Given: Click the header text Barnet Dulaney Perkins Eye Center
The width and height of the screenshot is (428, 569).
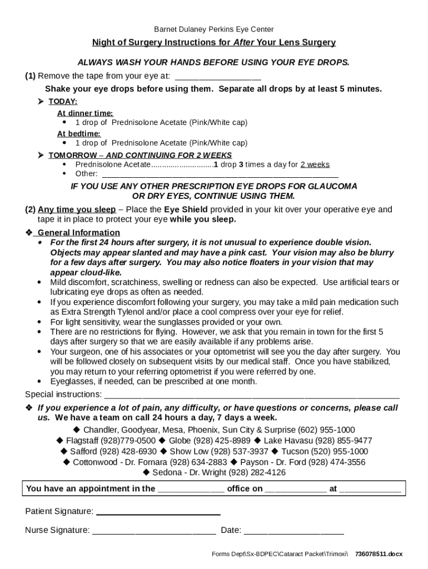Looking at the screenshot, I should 213,29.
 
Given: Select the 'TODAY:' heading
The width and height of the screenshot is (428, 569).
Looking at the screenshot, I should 63,102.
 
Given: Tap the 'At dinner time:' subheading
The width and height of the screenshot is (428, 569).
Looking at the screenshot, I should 85,113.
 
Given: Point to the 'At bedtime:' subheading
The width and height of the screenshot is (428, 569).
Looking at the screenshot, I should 79,134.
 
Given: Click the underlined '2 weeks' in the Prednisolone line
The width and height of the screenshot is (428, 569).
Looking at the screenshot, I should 315,165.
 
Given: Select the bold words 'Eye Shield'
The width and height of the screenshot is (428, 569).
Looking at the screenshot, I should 186,209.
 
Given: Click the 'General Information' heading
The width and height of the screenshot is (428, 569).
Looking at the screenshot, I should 78,232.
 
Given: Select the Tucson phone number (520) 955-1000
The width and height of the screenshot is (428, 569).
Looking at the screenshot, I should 340,451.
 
